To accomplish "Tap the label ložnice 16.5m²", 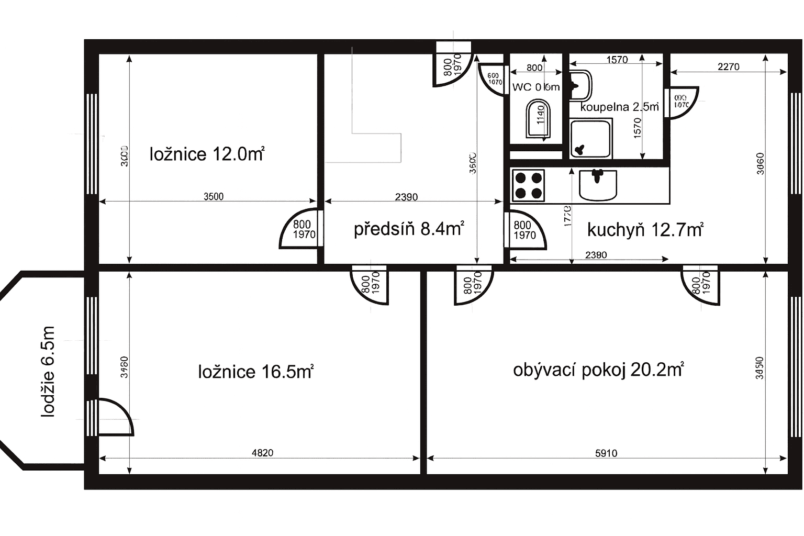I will coord(255,372).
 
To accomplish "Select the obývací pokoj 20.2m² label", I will coord(598,370).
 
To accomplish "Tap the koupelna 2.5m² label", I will coord(619,107).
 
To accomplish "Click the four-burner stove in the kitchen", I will coord(528,185).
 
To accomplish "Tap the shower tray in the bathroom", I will coord(591,139).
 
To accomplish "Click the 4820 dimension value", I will coord(262,453).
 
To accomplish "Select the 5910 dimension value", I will coord(606,453).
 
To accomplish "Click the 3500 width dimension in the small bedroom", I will coord(213,197).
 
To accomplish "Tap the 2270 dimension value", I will coord(728,67).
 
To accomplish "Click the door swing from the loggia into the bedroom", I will coord(115,417).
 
